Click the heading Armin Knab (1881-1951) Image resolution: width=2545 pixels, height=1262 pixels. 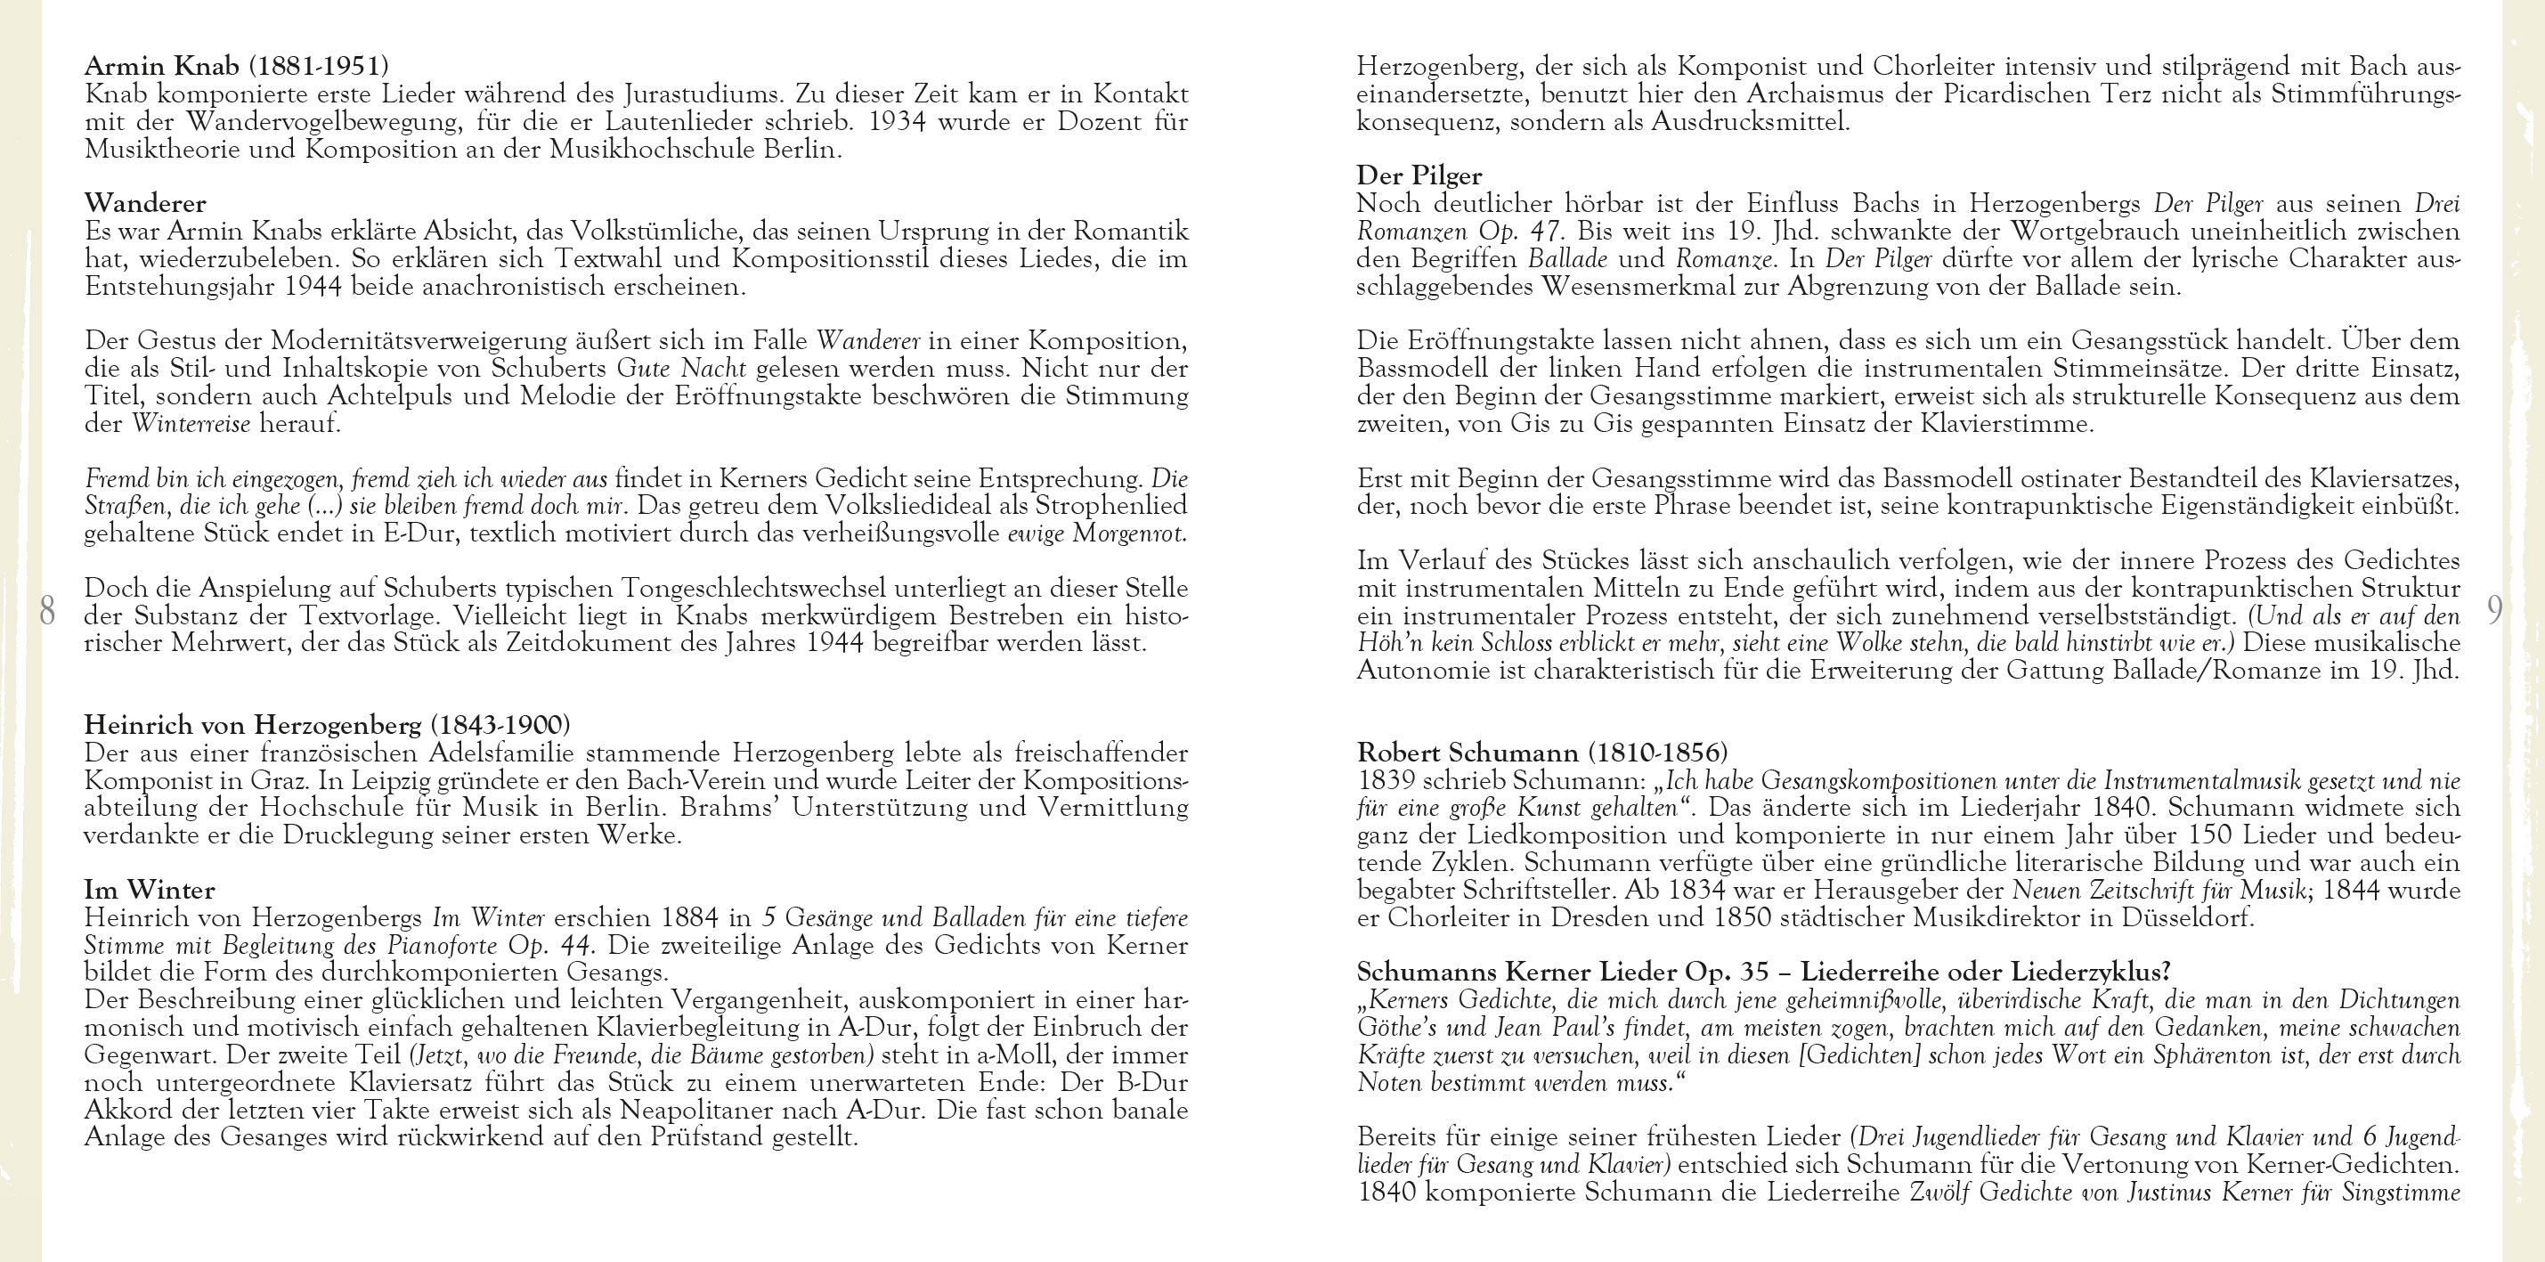236,66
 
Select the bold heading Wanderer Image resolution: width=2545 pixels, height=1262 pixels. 145,204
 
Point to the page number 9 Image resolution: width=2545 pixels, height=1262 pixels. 2494,612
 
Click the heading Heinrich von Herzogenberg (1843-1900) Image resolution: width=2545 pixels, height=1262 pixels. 327,724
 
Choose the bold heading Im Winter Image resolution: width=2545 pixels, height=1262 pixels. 150,890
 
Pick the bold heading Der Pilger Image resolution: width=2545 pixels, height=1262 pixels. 1419,176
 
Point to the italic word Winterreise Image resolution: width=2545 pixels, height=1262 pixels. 191,425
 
